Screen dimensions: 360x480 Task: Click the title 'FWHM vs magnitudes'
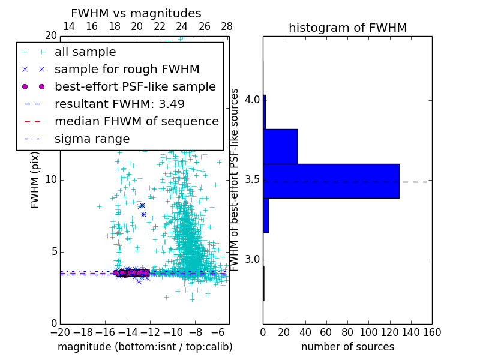[x=136, y=13]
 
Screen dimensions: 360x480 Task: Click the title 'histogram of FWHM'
[x=347, y=28]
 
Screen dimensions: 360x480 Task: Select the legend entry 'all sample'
[x=85, y=52]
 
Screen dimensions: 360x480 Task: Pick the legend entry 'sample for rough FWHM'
[x=127, y=70]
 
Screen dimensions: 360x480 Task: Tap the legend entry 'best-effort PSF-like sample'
[x=135, y=87]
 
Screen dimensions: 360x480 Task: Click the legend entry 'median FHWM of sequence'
[x=136, y=121]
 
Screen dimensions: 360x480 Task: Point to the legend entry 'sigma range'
[x=92, y=139]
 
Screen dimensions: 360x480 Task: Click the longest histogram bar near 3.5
[x=331, y=181]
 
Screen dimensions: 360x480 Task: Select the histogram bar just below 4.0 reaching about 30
[x=280, y=146]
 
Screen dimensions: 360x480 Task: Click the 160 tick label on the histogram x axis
[x=432, y=332]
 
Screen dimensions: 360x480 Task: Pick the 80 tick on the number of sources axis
[x=347, y=332]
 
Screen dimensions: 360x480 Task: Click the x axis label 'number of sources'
[x=347, y=347]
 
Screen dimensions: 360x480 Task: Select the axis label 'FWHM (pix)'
[x=35, y=179]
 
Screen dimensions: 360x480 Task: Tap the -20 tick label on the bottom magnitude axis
[x=59, y=332]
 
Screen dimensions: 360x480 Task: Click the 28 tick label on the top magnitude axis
[x=227, y=26]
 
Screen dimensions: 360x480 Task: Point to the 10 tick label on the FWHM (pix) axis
[x=50, y=180]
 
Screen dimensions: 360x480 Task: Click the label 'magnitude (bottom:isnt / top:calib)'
[x=145, y=347]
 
